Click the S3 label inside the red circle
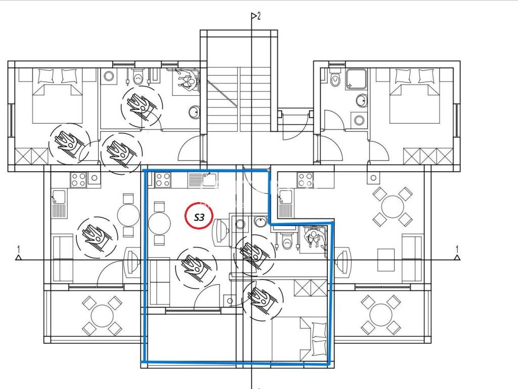[x=199, y=217]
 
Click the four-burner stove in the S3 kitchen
[x=162, y=180]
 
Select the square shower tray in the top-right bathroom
[x=356, y=79]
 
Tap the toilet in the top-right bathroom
[x=335, y=77]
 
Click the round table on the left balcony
[x=102, y=315]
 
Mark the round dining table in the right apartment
[x=392, y=207]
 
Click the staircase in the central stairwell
[x=239, y=99]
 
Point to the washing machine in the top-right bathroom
[x=359, y=120]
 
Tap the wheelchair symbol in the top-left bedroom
[x=69, y=143]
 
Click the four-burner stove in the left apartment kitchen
[x=78, y=180]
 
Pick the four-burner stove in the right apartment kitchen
[x=305, y=180]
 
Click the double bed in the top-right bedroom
[x=415, y=96]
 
